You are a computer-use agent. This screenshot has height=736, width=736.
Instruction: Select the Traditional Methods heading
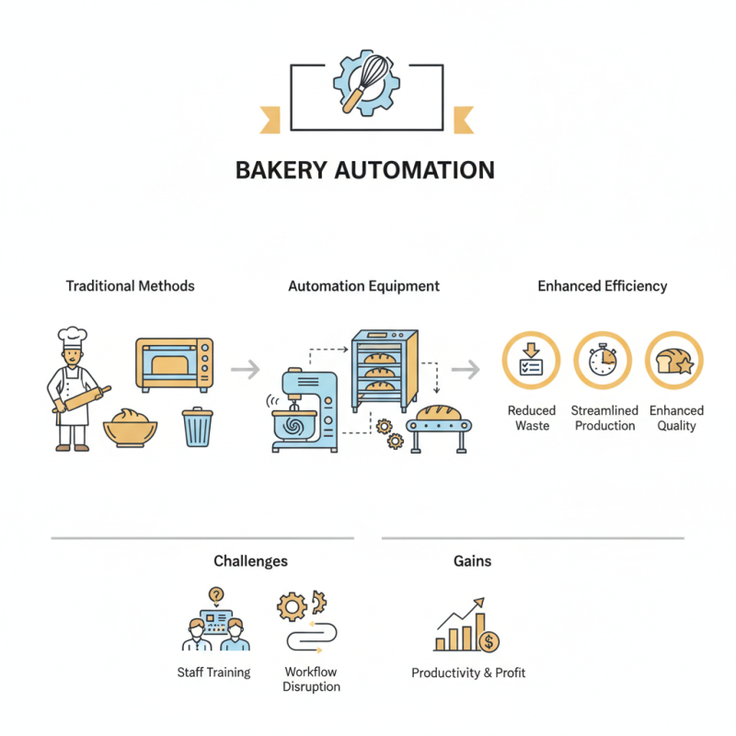click(x=131, y=286)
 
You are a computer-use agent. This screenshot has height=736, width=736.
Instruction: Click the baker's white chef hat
click(x=71, y=338)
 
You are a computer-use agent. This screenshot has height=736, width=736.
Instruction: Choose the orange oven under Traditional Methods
click(x=175, y=365)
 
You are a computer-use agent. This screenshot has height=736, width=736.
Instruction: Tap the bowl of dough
click(x=130, y=425)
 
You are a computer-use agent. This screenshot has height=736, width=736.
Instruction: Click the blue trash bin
click(x=197, y=428)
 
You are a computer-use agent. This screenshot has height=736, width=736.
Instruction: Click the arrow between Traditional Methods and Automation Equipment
click(x=244, y=370)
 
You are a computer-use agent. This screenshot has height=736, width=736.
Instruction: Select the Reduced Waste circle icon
click(x=531, y=362)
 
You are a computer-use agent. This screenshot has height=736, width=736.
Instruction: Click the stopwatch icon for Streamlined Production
click(x=603, y=362)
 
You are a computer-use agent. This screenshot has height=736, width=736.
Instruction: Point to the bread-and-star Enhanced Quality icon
click(x=673, y=362)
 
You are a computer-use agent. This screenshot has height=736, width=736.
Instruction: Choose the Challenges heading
click(x=250, y=560)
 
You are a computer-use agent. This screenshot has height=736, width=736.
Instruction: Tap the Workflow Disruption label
click(x=313, y=679)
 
